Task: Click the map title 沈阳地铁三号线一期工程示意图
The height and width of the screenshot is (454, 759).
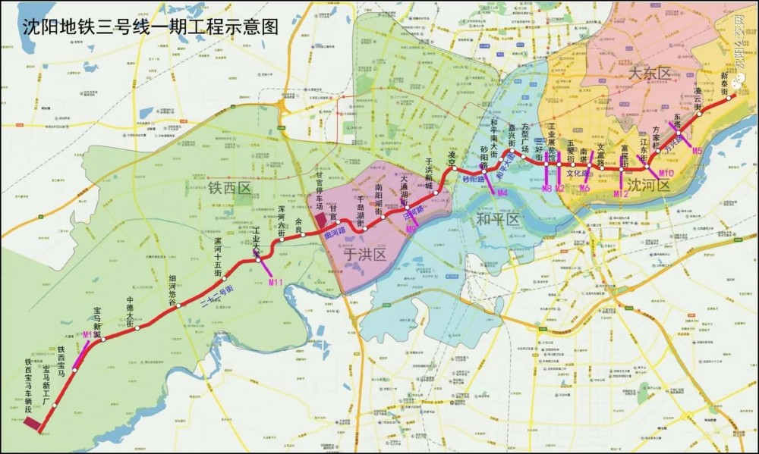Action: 150,27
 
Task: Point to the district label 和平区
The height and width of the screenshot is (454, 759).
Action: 497,220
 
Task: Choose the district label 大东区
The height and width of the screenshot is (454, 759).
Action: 650,74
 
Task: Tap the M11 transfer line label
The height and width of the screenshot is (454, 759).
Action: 276,282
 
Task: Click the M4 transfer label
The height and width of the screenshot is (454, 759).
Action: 501,194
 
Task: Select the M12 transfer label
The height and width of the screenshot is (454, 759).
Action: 621,195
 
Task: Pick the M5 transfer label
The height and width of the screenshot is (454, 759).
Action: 697,152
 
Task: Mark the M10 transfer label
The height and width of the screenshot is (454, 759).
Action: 666,174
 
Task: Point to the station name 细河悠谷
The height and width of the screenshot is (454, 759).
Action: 173,290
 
